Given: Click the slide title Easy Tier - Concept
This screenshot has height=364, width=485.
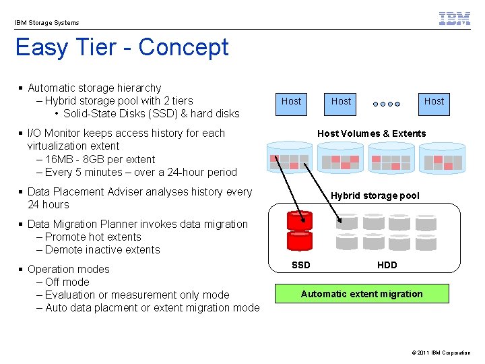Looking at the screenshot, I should point(122,47).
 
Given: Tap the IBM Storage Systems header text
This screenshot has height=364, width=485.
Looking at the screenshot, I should point(47,23).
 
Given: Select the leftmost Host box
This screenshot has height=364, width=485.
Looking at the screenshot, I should point(291,101).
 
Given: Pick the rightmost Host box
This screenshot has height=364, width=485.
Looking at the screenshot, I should point(434,101).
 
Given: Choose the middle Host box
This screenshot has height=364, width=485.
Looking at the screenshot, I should point(341,101).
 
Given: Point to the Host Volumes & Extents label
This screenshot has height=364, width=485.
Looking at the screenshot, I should point(371,133).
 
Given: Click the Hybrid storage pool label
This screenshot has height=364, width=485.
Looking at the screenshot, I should point(375,195).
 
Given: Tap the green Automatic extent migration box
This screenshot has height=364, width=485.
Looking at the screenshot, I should point(362,294).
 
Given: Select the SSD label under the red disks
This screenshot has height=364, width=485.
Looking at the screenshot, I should point(300,265).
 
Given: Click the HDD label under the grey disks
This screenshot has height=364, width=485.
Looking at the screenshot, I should point(387,265).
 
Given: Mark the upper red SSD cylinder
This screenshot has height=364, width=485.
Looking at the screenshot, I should point(300,220).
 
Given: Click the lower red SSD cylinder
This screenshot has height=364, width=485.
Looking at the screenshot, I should point(300,241).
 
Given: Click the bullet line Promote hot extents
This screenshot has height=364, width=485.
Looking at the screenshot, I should point(93,237).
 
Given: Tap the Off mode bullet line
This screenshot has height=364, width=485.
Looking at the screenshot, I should point(67,282).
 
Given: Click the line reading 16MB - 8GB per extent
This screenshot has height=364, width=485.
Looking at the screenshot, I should point(100,159).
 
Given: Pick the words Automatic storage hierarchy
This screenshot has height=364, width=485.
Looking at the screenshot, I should point(94,88).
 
